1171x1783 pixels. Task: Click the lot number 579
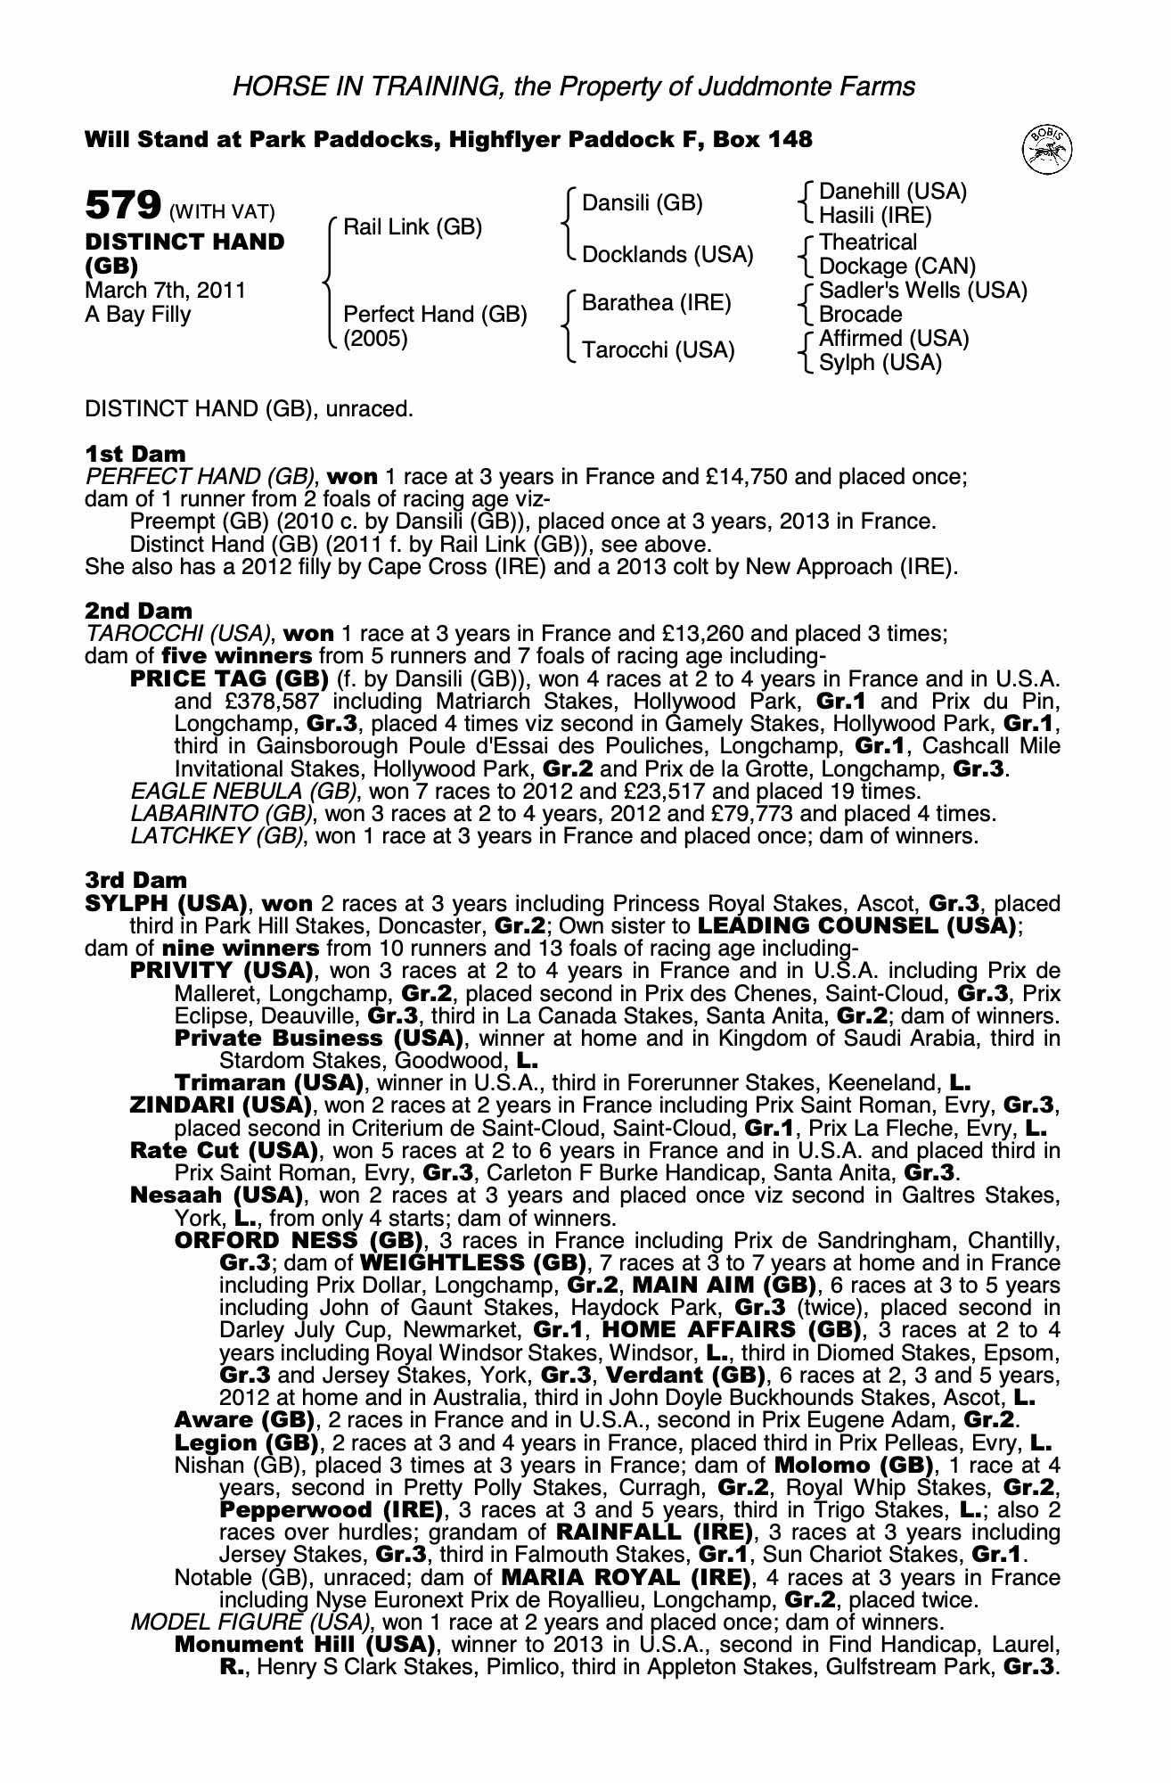point(121,206)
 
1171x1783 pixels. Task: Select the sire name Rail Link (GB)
point(413,227)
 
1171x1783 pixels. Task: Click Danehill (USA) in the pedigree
point(892,192)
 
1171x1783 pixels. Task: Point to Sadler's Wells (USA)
point(922,291)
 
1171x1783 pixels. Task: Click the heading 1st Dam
point(135,454)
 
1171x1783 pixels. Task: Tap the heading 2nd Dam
point(138,611)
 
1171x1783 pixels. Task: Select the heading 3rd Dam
point(136,881)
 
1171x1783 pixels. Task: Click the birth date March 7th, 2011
point(165,291)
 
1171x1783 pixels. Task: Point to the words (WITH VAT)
point(222,212)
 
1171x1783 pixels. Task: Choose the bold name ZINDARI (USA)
point(220,1105)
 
